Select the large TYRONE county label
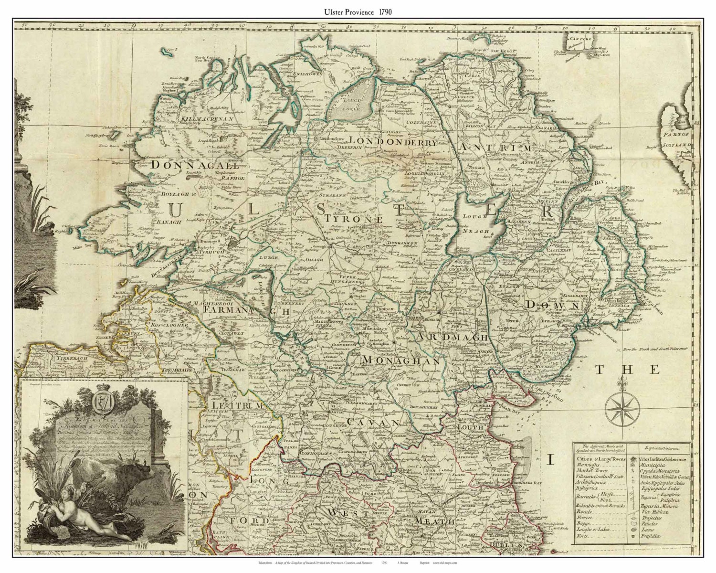coord(354,218)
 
